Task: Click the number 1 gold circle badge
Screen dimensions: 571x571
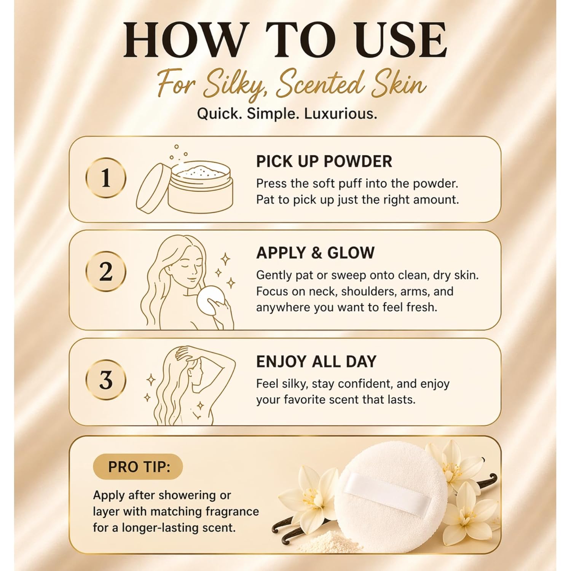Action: pyautogui.click(x=106, y=178)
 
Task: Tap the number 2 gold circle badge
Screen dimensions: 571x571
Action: pyautogui.click(x=106, y=272)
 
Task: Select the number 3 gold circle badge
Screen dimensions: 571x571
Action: pyautogui.click(x=106, y=380)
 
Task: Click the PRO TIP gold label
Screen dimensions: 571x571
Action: pyautogui.click(x=138, y=467)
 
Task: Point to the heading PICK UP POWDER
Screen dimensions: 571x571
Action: pyautogui.click(x=324, y=161)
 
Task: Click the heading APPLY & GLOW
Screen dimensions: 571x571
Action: pyautogui.click(x=315, y=253)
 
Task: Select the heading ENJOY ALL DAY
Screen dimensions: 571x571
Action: pyautogui.click(x=316, y=361)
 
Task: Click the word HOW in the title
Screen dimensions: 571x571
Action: pyautogui.click(x=183, y=41)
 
